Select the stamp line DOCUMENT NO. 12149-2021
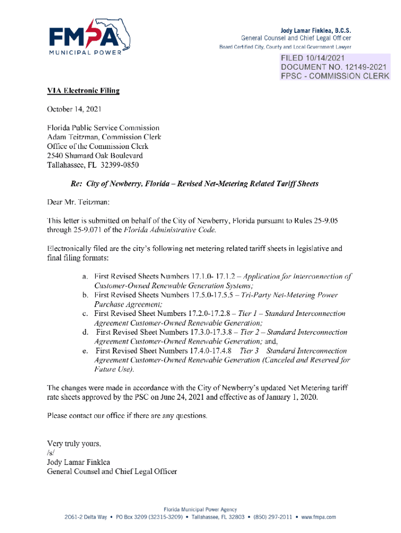334,67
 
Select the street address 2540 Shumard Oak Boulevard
95,155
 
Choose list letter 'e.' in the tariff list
85,351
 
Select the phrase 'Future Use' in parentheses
113,370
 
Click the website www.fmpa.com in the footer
318,517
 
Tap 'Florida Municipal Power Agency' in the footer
200,509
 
